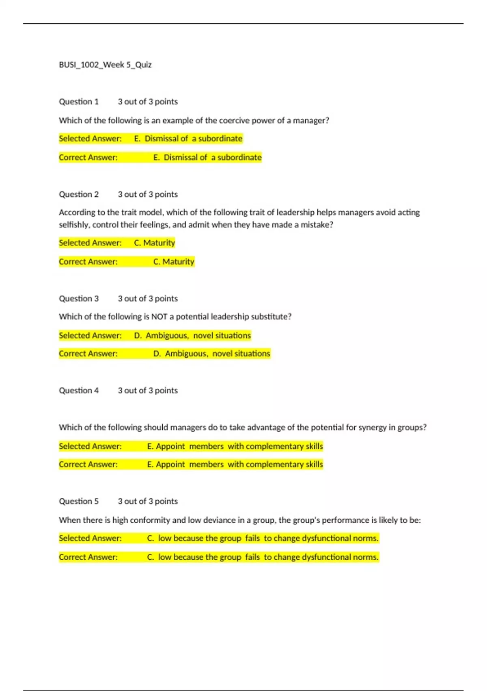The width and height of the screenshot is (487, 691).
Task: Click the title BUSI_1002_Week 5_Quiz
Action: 105,65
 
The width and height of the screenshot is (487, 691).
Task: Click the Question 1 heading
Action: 79,102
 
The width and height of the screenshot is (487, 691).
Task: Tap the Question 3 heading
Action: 79,298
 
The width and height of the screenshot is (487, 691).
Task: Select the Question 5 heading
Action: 79,501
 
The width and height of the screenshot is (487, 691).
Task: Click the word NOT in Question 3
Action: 159,317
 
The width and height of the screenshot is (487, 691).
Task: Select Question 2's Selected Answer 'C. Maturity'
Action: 155,243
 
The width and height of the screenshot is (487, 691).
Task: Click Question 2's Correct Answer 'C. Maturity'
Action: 174,261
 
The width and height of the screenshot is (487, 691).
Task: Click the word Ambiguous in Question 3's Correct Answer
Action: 185,354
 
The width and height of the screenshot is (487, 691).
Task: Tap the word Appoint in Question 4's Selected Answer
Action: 170,446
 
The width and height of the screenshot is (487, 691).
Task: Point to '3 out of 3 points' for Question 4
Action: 148,391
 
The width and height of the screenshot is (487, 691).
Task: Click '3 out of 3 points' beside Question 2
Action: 148,194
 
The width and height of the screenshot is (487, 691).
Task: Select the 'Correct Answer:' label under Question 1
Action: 88,157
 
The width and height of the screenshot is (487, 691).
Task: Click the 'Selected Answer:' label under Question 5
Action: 90,538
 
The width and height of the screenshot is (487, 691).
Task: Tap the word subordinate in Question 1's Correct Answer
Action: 239,157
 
